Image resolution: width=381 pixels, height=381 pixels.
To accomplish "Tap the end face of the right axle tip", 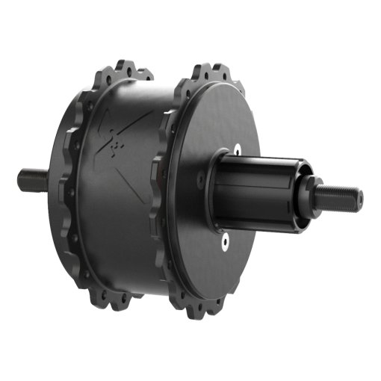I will (359, 199).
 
